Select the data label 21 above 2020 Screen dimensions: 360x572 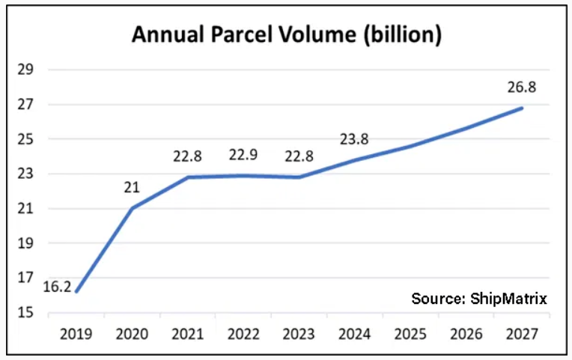pyautogui.click(x=133, y=187)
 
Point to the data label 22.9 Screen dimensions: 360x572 pyautogui.click(x=244, y=156)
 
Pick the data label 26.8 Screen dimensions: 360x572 pyautogui.click(x=522, y=87)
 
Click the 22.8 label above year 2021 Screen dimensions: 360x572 pyautogui.click(x=188, y=156)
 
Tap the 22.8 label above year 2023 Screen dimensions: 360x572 pyautogui.click(x=299, y=156)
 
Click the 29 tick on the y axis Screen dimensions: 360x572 pyautogui.click(x=27, y=70)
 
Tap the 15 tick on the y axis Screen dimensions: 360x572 pyautogui.click(x=27, y=312)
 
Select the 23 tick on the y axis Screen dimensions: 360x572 pyautogui.click(x=27, y=174)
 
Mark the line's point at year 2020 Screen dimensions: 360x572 pyautogui.click(x=133, y=208)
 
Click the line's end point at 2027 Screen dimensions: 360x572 pyautogui.click(x=522, y=108)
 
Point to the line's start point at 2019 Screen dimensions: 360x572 pyautogui.click(x=76, y=291)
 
